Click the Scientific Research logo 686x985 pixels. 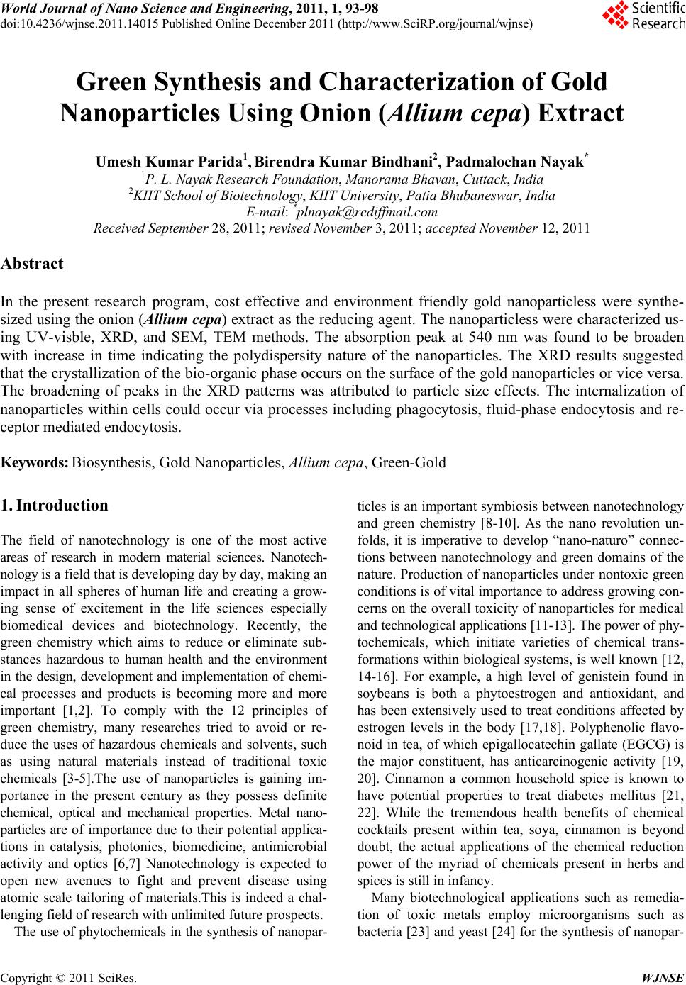click(x=642, y=17)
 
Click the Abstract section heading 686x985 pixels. click(x=32, y=265)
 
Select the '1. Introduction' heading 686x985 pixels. click(x=55, y=506)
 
